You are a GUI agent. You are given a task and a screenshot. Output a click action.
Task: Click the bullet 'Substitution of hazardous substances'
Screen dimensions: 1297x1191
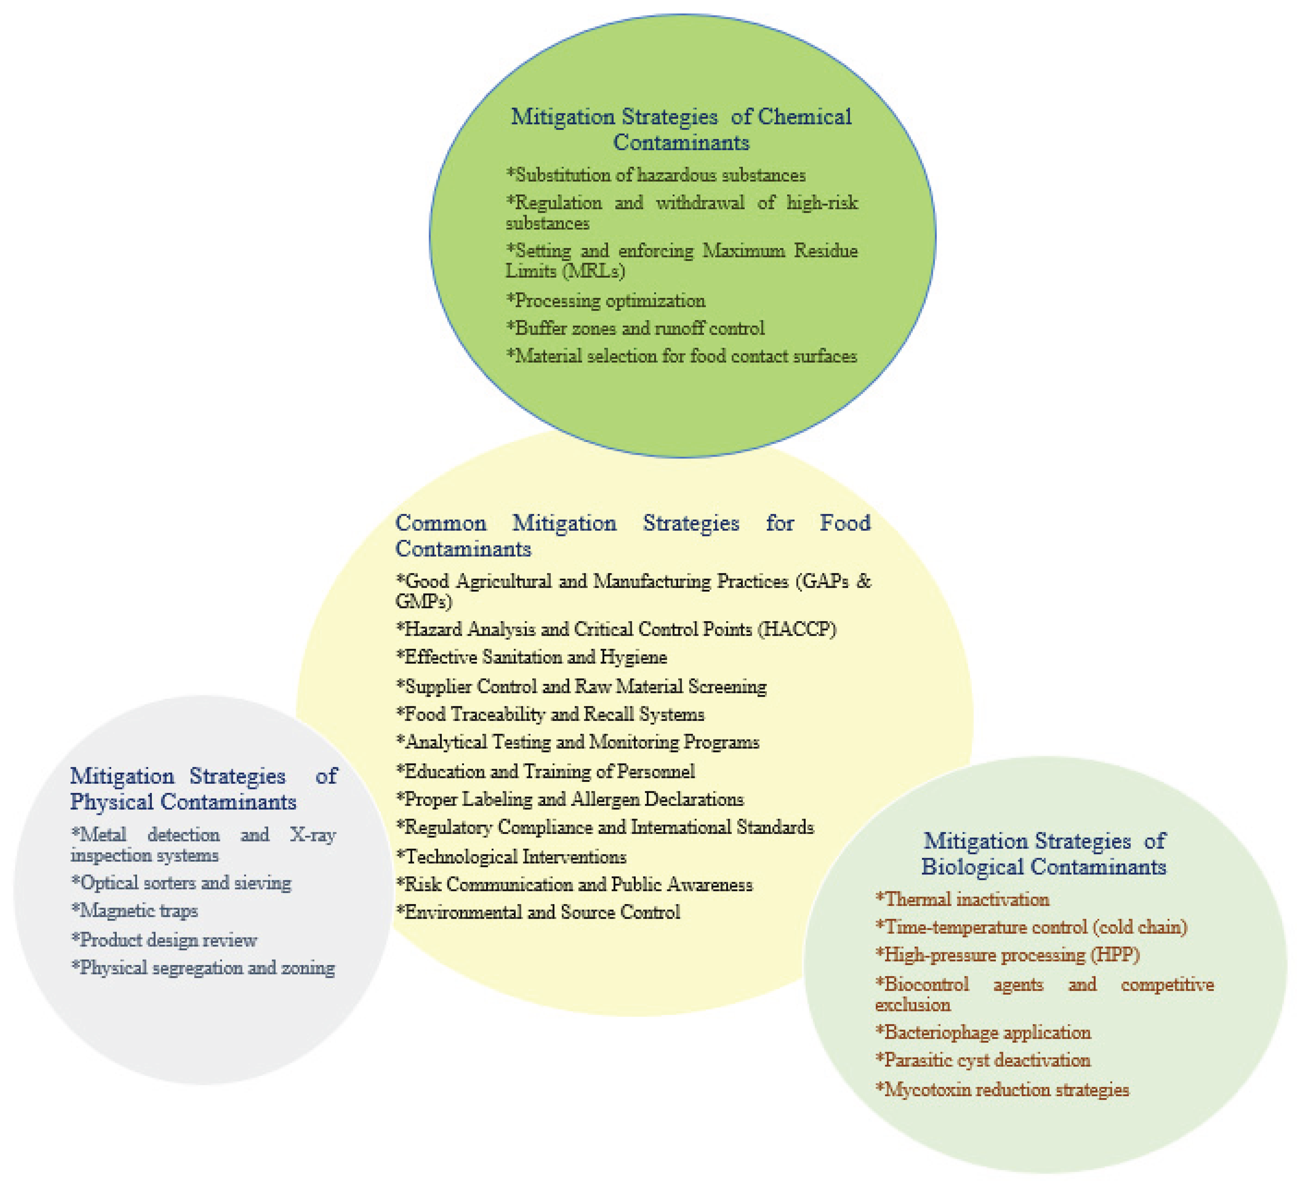(656, 175)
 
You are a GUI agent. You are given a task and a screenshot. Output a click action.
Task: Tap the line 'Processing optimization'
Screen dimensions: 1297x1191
(606, 300)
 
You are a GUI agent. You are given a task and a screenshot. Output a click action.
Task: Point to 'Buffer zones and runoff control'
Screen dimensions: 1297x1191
(635, 328)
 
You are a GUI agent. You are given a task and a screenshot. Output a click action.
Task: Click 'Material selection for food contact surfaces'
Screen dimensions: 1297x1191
(682, 356)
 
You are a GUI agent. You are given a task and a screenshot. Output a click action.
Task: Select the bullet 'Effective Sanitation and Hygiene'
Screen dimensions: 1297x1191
(532, 657)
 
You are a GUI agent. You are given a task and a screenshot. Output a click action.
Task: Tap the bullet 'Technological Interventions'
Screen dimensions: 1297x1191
(511, 856)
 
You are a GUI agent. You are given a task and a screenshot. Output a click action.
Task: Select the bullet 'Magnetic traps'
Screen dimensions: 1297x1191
(135, 911)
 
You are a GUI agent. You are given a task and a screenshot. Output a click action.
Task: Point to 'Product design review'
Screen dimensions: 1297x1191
(164, 940)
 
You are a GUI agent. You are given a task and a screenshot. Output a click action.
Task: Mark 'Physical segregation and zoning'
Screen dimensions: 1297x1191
(203, 967)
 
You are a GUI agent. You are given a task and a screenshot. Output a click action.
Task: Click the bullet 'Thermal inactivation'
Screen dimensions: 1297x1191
(963, 899)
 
